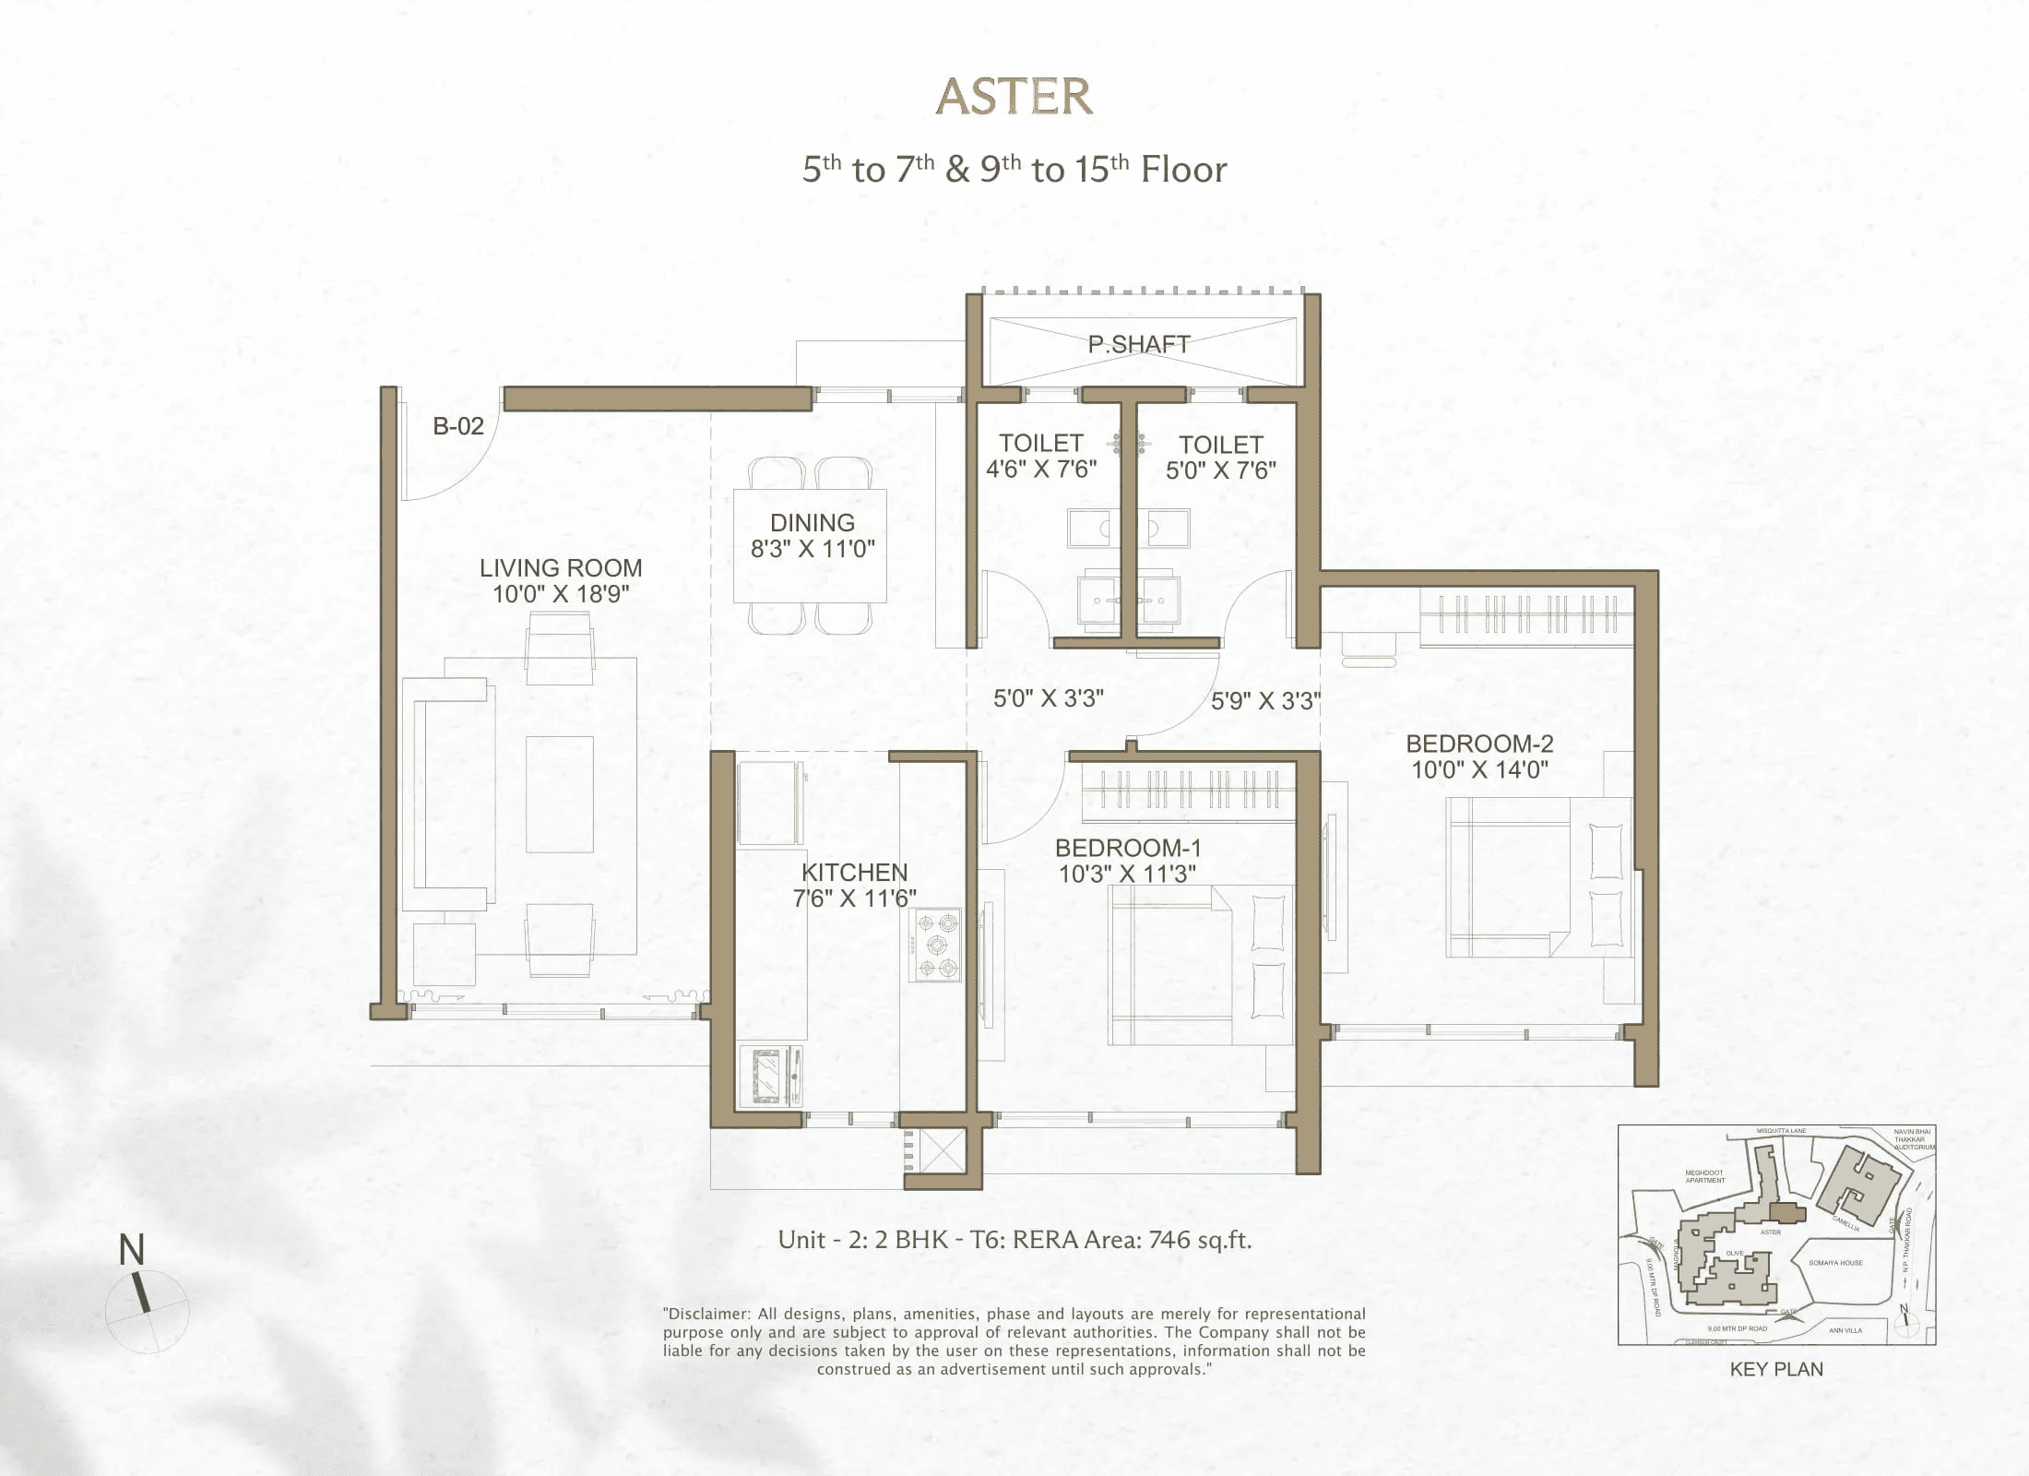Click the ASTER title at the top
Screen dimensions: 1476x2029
tap(1014, 97)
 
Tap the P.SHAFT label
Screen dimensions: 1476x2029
tap(1139, 344)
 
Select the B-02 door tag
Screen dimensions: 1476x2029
tap(458, 426)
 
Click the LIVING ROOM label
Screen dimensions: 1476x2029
tap(561, 567)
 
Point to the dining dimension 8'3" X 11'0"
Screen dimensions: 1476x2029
tap(813, 549)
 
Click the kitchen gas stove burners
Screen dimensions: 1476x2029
tap(936, 945)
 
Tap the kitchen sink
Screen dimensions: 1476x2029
tap(769, 1075)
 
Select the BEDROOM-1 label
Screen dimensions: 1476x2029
tap(1128, 848)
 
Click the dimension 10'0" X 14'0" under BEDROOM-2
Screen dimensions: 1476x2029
tap(1479, 769)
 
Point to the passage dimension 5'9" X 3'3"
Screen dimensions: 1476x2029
tap(1265, 701)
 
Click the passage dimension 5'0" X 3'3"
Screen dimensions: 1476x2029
tap(1049, 698)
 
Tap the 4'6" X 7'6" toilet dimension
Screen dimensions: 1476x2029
tap(1041, 470)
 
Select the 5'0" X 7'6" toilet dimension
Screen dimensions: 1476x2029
tap(1221, 470)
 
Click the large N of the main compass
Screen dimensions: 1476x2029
tap(132, 1250)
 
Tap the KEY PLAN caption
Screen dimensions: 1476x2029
tap(1776, 1369)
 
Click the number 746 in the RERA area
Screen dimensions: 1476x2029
tap(1169, 1240)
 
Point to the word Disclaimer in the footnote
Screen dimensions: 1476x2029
tap(709, 1314)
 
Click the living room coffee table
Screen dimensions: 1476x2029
tap(560, 794)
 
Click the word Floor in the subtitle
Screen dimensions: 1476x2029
tap(1183, 170)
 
